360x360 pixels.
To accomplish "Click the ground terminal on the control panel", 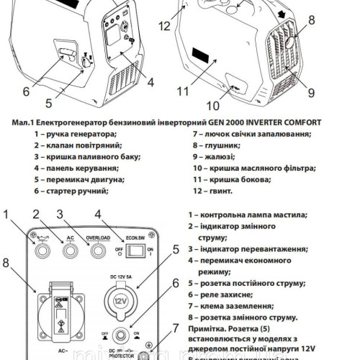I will click(x=147, y=355).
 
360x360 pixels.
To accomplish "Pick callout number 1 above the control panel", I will click(x=9, y=215).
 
